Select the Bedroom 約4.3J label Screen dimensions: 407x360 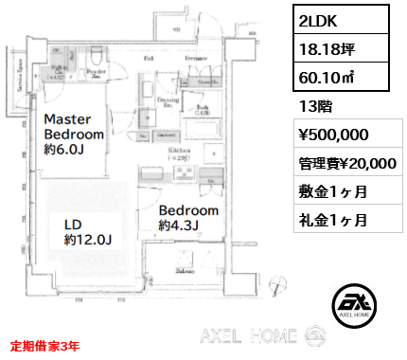click(x=188, y=218)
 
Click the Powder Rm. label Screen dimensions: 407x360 click(x=95, y=73)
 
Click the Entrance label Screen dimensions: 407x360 click(x=196, y=59)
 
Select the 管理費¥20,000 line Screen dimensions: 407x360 click(x=346, y=162)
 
